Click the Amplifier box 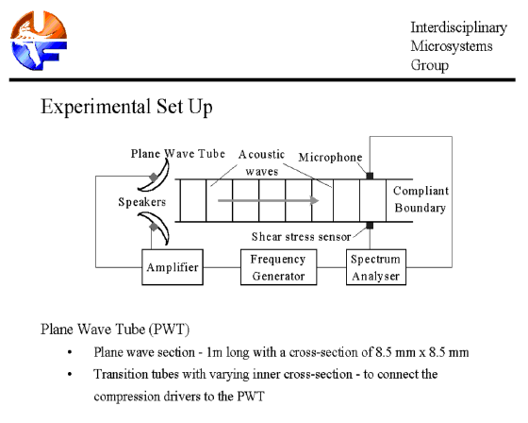click(x=173, y=267)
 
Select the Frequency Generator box click(x=278, y=267)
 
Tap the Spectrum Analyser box click(x=376, y=267)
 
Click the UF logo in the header click(x=39, y=41)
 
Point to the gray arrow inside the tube click(x=268, y=200)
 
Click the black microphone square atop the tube click(x=370, y=176)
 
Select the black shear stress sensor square click(x=370, y=226)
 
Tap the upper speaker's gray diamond click(x=154, y=178)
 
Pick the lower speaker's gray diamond click(x=154, y=227)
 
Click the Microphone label click(x=330, y=157)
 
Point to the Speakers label click(x=142, y=202)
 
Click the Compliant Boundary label click(x=421, y=199)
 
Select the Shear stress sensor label click(x=301, y=236)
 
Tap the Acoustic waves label click(x=262, y=162)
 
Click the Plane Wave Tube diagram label click(x=178, y=154)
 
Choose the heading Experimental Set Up click(x=126, y=107)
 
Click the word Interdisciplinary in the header click(x=458, y=27)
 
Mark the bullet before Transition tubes click(x=70, y=374)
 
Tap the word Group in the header click(x=430, y=65)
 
